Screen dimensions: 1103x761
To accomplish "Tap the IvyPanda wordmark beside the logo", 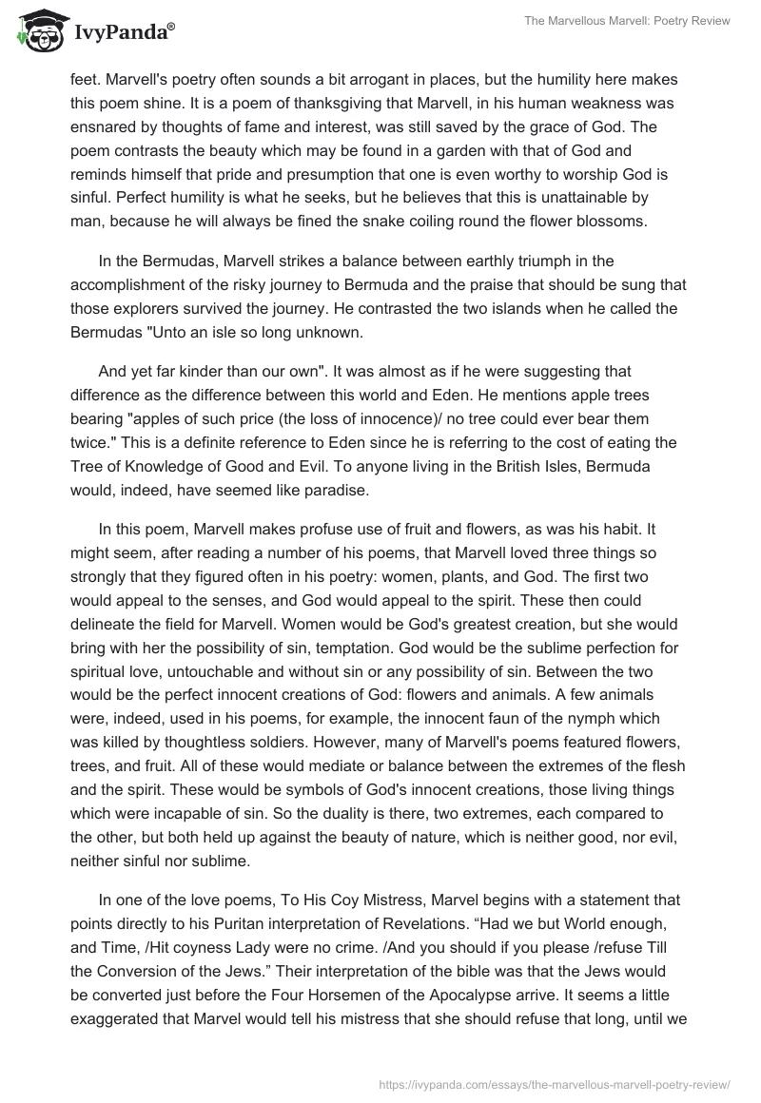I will tap(123, 35).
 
